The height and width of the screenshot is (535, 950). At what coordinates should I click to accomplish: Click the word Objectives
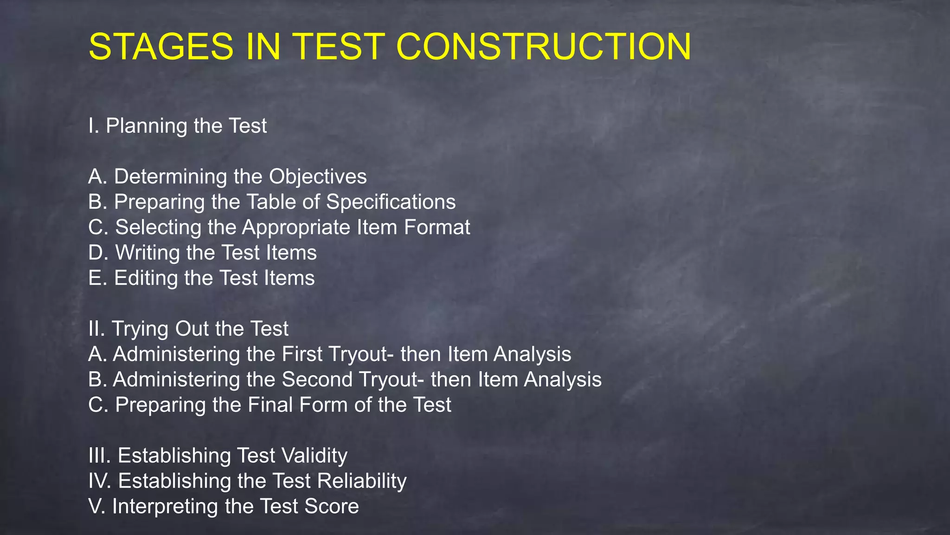pyautogui.click(x=318, y=177)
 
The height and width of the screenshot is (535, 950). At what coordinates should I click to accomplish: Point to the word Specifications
pyautogui.click(x=391, y=202)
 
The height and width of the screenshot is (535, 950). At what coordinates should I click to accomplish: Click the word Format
pyautogui.click(x=436, y=228)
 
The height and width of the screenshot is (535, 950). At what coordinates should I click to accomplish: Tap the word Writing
pyautogui.click(x=148, y=253)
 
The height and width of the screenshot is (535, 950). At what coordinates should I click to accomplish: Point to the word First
pyautogui.click(x=302, y=354)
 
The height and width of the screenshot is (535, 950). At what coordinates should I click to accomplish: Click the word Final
pyautogui.click(x=270, y=405)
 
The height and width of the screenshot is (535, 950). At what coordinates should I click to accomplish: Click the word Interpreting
pyautogui.click(x=165, y=507)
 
